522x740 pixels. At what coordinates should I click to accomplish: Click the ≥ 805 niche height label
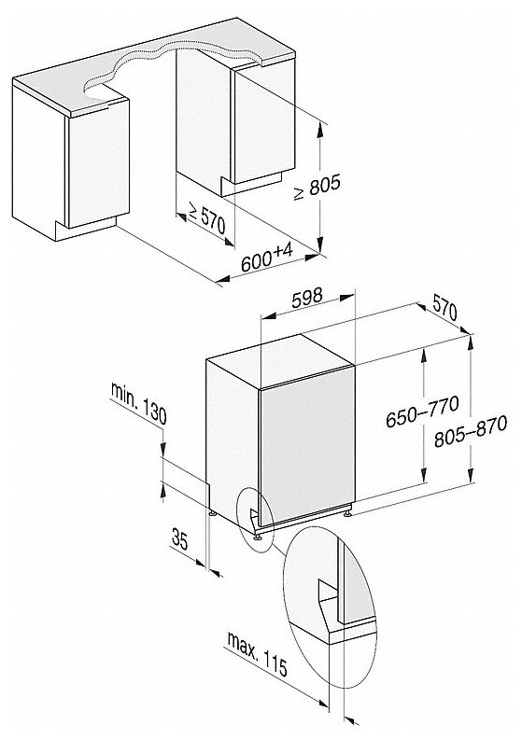317,187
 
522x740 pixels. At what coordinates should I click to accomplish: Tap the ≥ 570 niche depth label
207,217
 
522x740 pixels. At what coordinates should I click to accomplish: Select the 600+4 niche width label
267,258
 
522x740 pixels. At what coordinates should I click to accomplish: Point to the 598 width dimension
307,299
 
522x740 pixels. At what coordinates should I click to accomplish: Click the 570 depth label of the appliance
444,312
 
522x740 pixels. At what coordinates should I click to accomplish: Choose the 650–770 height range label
422,412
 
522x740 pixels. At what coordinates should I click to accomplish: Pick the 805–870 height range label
471,430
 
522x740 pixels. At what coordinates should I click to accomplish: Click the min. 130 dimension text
138,403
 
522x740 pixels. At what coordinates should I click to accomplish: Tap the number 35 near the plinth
180,539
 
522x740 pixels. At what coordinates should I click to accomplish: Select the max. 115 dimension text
258,654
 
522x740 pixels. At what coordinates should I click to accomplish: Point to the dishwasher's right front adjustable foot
348,511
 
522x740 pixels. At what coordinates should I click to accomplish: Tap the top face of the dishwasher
280,361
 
